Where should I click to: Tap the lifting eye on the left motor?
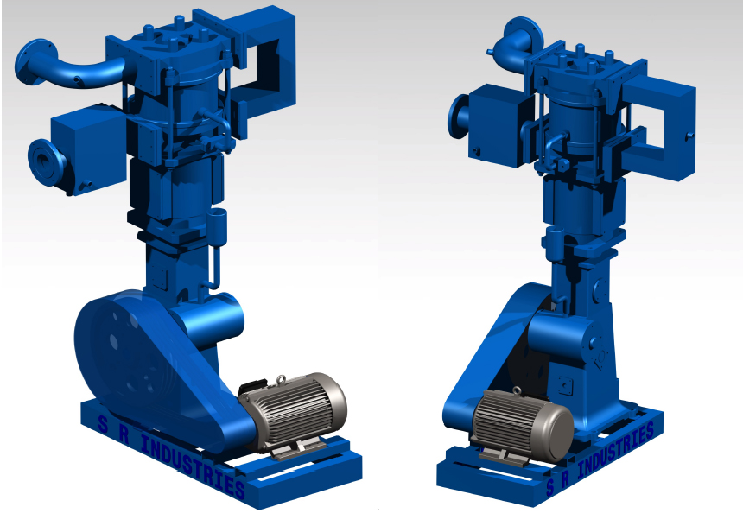[x=281, y=379]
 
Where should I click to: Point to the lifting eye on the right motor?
[x=517, y=390]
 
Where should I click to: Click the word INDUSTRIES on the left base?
[x=193, y=466]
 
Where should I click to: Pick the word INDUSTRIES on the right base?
[x=615, y=450]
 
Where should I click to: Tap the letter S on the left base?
[x=103, y=424]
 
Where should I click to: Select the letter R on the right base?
[x=565, y=480]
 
